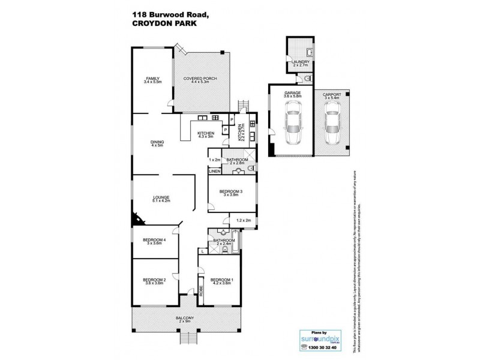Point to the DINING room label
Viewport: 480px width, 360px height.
pyautogui.click(x=158, y=142)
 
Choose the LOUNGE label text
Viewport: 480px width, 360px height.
pyautogui.click(x=161, y=197)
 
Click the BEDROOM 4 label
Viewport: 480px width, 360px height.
pyautogui.click(x=154, y=241)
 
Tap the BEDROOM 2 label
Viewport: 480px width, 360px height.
pyautogui.click(x=154, y=280)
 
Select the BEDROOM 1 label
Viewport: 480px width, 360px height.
pyautogui.click(x=222, y=280)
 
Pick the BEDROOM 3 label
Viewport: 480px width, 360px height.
pyautogui.click(x=230, y=192)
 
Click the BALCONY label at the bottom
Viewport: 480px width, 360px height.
pyautogui.click(x=184, y=318)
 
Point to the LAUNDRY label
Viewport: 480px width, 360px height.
pyautogui.click(x=299, y=61)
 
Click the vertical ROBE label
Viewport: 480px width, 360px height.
pyautogui.click(x=202, y=292)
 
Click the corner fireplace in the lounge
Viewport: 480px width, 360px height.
pyautogui.click(x=137, y=218)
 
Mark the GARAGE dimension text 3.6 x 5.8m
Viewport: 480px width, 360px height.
pyautogui.click(x=292, y=97)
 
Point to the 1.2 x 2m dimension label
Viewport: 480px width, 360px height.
pyautogui.click(x=244, y=220)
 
